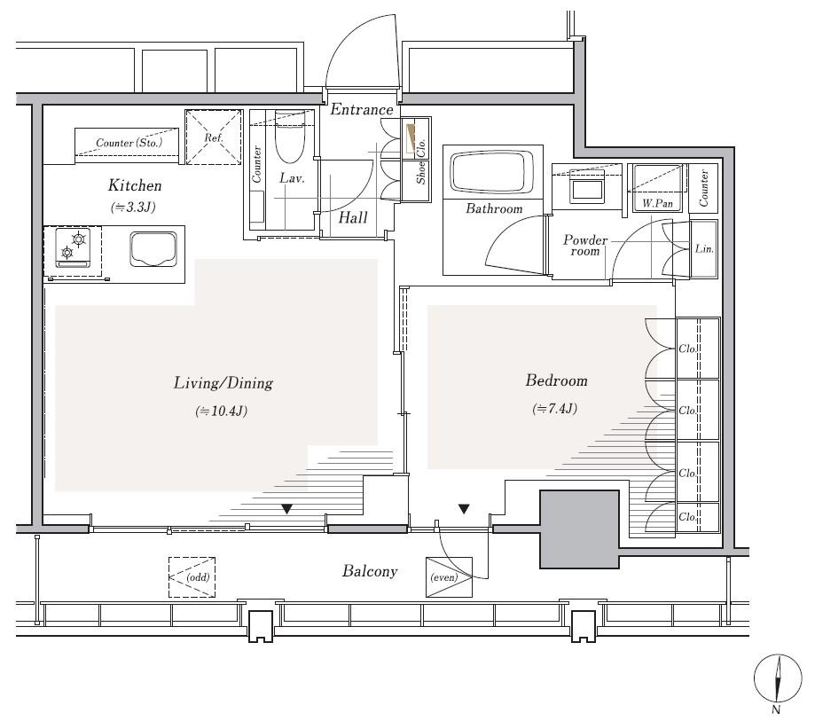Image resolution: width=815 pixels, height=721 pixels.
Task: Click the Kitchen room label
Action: (135, 185)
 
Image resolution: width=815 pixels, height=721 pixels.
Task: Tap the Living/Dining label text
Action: (223, 383)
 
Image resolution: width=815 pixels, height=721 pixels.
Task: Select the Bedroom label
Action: (556, 380)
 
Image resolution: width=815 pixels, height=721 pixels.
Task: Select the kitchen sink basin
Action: (153, 249)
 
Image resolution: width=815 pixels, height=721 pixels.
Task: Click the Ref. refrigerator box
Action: (214, 137)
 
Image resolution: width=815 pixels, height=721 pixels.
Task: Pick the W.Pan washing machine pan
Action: (657, 188)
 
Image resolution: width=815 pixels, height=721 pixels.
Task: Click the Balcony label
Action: (370, 571)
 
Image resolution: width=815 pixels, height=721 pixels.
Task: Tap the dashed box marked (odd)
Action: (192, 577)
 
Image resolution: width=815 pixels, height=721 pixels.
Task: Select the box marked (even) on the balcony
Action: (449, 577)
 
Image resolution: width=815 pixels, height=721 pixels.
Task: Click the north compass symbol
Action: (778, 678)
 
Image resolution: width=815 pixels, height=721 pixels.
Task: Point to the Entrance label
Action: (362, 110)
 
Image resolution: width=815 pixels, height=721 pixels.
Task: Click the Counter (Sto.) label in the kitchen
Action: (129, 143)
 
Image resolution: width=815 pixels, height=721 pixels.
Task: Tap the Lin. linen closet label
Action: (704, 248)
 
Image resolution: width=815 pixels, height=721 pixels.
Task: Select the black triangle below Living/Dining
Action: (286, 509)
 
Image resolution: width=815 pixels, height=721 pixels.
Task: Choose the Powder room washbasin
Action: (587, 185)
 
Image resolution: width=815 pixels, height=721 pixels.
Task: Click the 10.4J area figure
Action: (222, 411)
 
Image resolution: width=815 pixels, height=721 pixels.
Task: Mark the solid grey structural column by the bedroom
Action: (579, 529)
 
